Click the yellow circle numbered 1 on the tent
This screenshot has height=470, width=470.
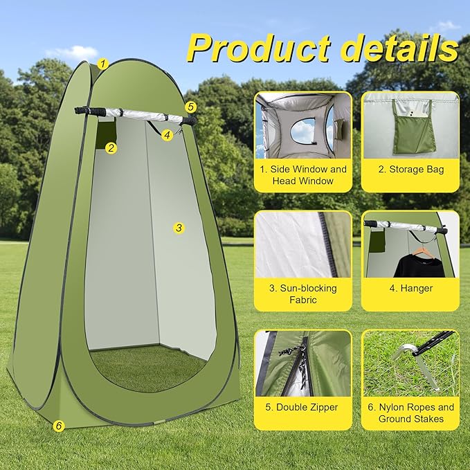click(102, 64)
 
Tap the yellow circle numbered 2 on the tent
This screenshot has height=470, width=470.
click(111, 147)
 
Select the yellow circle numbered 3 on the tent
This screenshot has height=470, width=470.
click(179, 227)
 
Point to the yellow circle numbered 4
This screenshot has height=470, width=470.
click(168, 136)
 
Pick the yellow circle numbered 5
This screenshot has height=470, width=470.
click(191, 107)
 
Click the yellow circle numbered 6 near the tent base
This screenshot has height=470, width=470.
click(59, 426)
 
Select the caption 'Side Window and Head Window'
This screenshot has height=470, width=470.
click(303, 174)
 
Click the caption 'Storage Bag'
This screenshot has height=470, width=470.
click(410, 169)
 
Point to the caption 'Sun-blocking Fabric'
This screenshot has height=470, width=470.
click(303, 293)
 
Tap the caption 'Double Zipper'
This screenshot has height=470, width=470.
click(303, 407)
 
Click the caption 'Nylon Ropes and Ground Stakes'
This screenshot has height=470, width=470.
click(410, 413)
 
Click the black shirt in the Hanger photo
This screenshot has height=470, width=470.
click(419, 265)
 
